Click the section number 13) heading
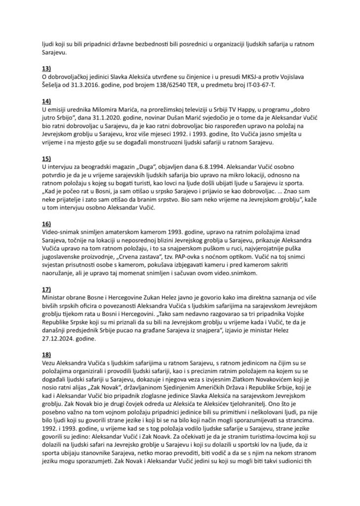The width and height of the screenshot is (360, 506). tap(47, 67)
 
